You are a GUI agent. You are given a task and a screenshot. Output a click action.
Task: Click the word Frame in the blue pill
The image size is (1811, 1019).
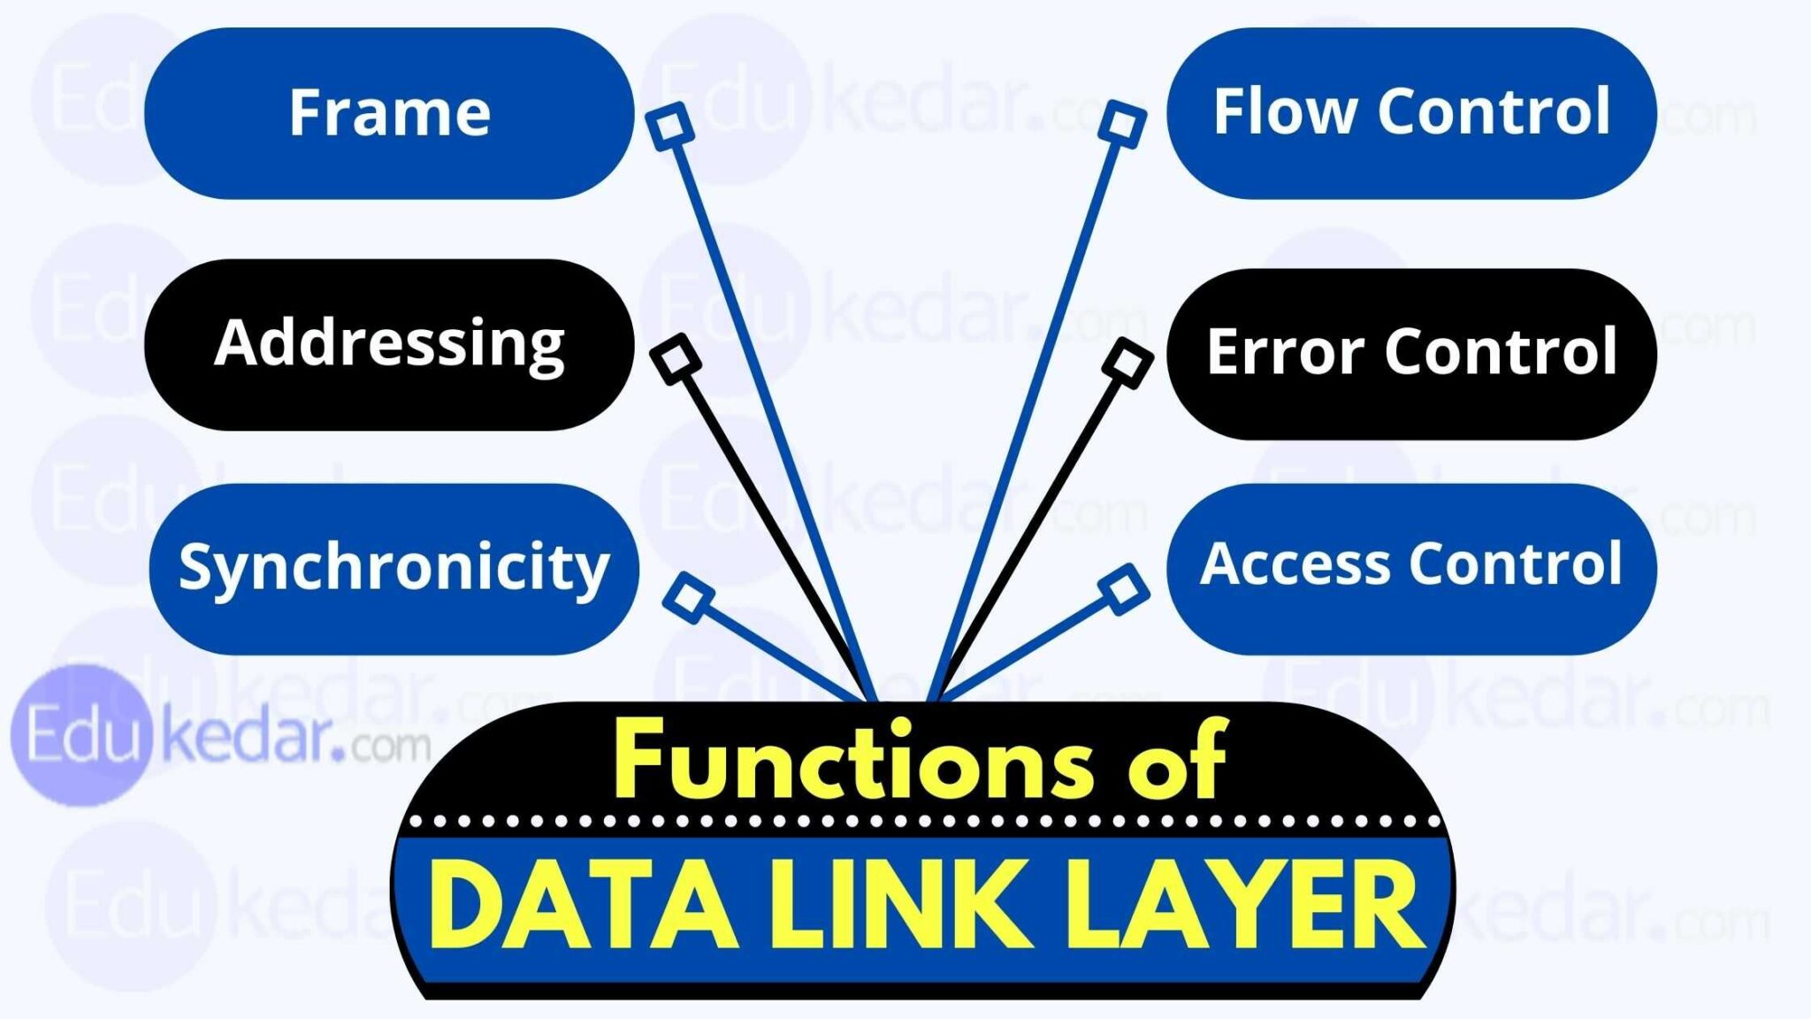coord(389,113)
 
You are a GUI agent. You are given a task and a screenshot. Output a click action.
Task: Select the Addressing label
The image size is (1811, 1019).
coord(389,343)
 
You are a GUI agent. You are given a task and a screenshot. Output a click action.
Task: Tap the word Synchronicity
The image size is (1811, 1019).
coord(394,567)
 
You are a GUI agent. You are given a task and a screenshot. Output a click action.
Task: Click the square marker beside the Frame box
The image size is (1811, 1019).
coord(670,125)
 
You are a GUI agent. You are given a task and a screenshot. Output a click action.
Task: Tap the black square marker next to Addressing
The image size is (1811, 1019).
coord(676,359)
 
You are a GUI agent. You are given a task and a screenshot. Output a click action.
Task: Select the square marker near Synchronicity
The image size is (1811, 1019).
coord(689,597)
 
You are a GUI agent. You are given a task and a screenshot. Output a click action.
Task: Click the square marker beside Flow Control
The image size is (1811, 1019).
coord(1122,124)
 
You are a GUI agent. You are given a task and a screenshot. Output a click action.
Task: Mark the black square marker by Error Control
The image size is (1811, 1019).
coord(1127,362)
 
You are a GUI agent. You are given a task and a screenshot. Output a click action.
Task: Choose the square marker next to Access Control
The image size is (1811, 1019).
coord(1123,589)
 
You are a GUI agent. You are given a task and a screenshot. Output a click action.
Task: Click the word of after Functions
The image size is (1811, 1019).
coord(1176,761)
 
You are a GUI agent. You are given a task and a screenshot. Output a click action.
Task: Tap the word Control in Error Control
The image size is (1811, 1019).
coord(1501,352)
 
